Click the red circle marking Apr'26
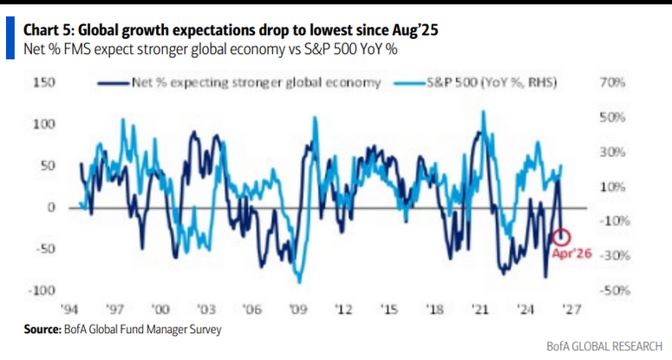[562, 235]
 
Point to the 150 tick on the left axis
[44, 83]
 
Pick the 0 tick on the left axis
[51, 207]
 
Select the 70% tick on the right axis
[614, 83]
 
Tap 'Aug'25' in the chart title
[411, 30]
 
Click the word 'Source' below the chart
[42, 330]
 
